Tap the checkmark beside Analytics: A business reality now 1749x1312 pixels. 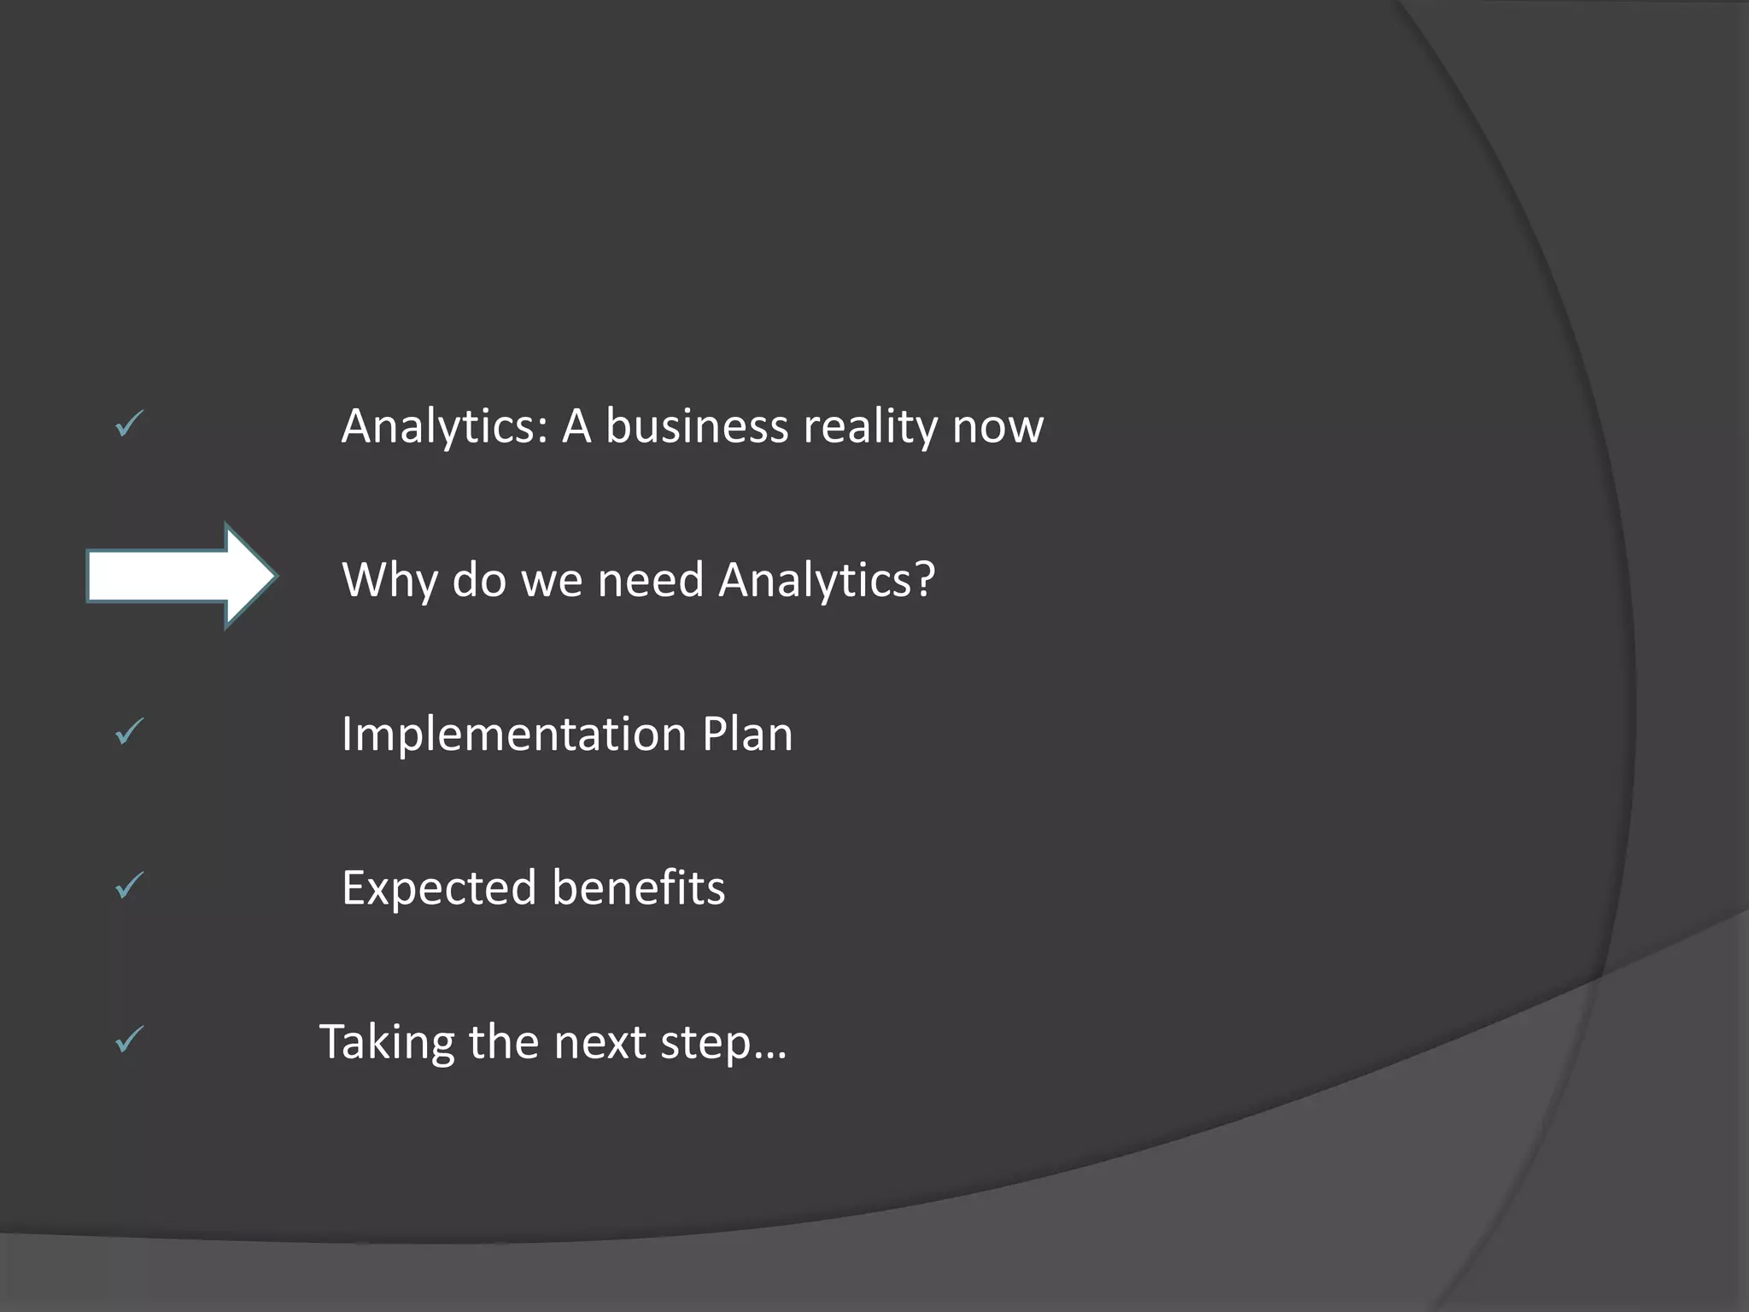click(129, 424)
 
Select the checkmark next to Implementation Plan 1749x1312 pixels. click(129, 731)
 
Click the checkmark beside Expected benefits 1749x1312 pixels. click(129, 885)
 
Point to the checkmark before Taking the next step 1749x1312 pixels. click(129, 1039)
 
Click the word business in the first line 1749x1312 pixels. click(697, 425)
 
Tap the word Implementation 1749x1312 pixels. click(514, 735)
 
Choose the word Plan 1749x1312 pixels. click(747, 735)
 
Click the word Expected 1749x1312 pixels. click(439, 888)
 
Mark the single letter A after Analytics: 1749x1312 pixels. click(576, 425)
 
